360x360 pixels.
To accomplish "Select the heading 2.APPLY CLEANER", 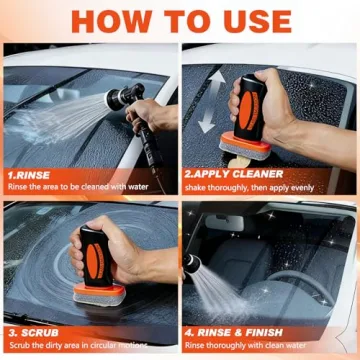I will pyautogui.click(x=233, y=172).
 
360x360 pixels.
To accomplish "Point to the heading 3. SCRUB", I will pyautogui.click(x=35, y=331).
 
